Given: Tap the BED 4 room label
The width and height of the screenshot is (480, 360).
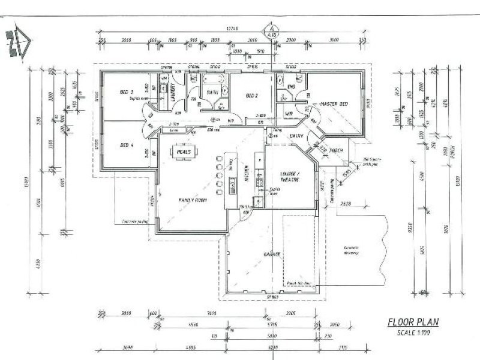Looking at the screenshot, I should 126,145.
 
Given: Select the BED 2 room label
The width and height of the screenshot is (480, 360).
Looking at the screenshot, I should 251,95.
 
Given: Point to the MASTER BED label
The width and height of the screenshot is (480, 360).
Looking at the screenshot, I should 334,104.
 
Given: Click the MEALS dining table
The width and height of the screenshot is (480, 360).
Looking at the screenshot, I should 184,152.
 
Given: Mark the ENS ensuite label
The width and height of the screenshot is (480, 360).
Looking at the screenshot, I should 292,87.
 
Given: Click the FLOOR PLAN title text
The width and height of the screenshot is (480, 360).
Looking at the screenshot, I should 413,322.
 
